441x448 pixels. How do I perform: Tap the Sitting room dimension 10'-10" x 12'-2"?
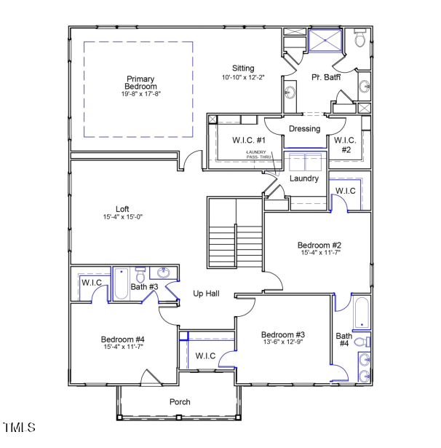(x=244, y=77)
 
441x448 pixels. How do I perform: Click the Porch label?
(x=180, y=402)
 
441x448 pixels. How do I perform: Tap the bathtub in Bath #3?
(x=121, y=285)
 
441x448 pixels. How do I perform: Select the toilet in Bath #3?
(x=140, y=275)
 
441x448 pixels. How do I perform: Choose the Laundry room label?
(x=304, y=178)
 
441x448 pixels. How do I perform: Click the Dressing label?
(x=304, y=129)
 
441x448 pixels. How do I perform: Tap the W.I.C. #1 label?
(x=249, y=140)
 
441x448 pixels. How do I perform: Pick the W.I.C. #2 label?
(x=345, y=144)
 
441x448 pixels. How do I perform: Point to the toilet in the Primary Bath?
(x=359, y=40)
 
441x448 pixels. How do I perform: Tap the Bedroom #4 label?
(x=122, y=339)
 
